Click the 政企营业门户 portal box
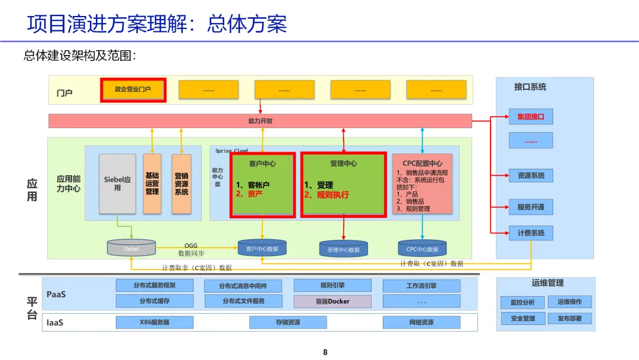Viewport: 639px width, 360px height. click(x=133, y=90)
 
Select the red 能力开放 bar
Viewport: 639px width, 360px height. click(x=260, y=121)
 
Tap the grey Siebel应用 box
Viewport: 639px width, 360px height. click(x=117, y=184)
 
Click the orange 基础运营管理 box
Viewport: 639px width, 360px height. click(x=152, y=184)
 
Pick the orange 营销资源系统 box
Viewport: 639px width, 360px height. click(x=181, y=184)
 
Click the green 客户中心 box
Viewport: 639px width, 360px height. click(x=262, y=184)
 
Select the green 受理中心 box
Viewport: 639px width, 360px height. click(x=343, y=184)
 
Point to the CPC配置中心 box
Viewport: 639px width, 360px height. click(x=422, y=184)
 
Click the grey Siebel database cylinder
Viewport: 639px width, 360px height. click(x=131, y=248)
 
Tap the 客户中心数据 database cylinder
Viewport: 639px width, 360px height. click(x=262, y=248)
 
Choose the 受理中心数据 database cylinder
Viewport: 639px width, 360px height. click(x=343, y=249)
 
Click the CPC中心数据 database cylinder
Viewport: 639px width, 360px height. click(x=422, y=249)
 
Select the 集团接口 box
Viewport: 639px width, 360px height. click(x=531, y=117)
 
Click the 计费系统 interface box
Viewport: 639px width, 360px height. click(x=531, y=233)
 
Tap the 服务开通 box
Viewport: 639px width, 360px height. click(x=531, y=207)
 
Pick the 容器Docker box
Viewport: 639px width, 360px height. click(x=333, y=301)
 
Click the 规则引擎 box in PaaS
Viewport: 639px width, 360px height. click(x=333, y=285)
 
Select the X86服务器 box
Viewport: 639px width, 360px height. click(x=154, y=322)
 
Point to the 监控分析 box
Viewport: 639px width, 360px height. click(x=522, y=303)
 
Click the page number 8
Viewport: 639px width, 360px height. click(x=325, y=352)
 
